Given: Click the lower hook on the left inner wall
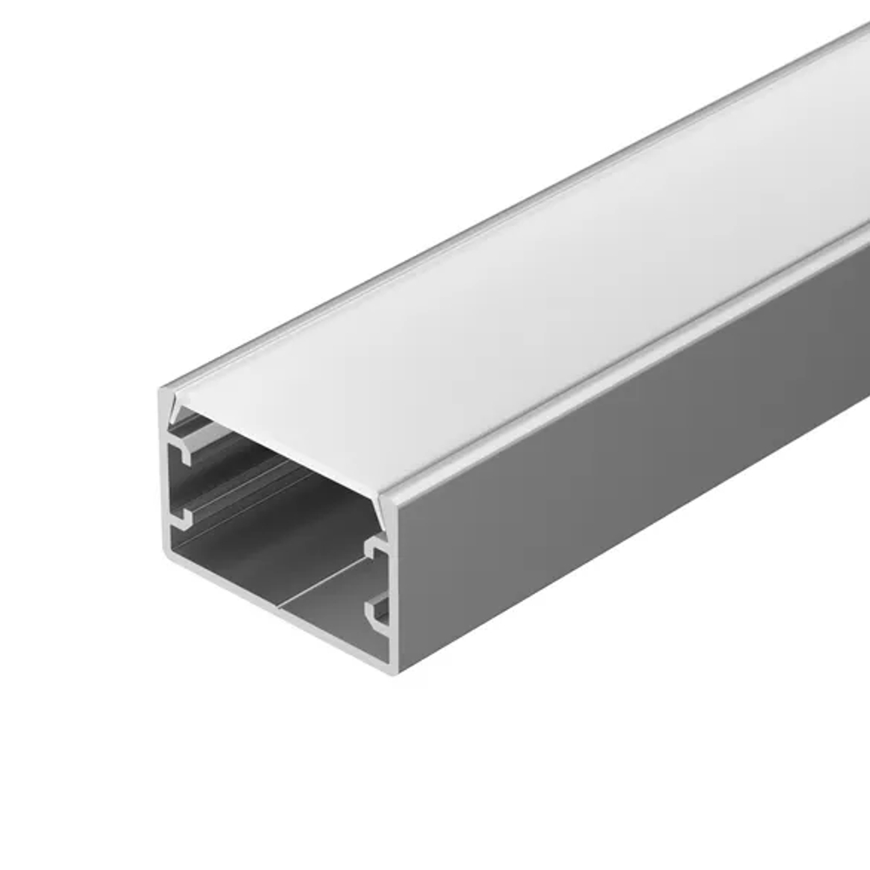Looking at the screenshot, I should (182, 519).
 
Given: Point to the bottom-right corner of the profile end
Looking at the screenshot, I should (396, 671).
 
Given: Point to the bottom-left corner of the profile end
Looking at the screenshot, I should (164, 554).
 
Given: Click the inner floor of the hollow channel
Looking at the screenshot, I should (261, 557).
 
